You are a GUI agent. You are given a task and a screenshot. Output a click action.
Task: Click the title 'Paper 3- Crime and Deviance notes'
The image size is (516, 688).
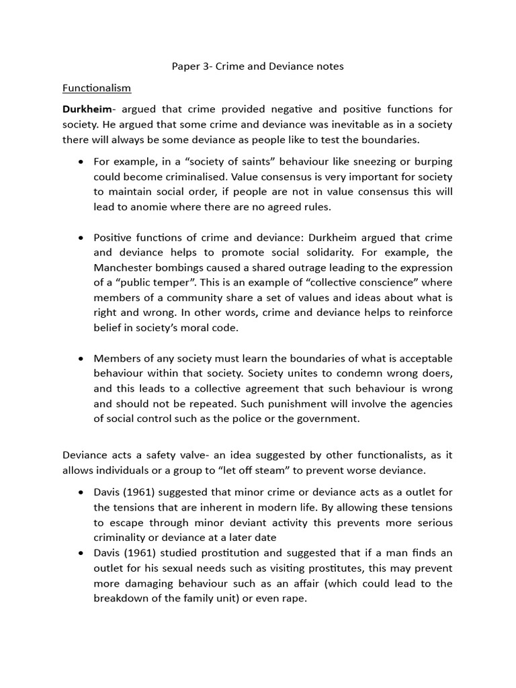point(258,67)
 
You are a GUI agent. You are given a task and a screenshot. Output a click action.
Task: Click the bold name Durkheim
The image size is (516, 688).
point(87,110)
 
